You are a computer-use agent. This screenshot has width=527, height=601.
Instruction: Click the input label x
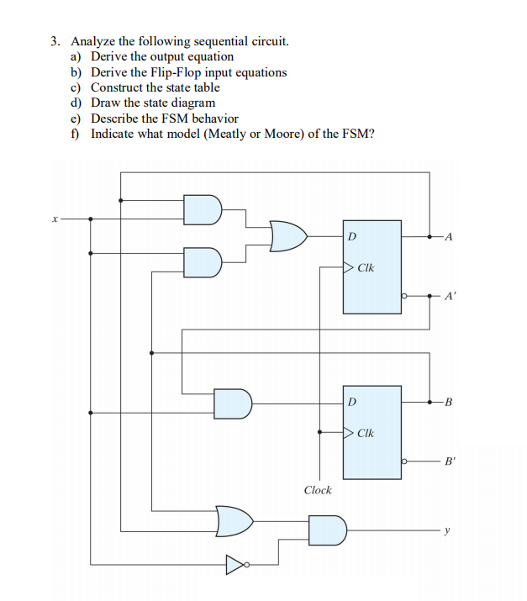pos(53,218)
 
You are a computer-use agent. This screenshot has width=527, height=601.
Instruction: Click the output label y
pos(448,530)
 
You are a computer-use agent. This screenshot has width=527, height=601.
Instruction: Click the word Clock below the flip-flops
pos(317,490)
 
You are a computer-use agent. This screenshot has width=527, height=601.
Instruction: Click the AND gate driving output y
pos(326,530)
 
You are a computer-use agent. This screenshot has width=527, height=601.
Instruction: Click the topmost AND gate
pos(203,209)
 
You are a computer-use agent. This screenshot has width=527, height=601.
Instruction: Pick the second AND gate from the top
pos(203,261)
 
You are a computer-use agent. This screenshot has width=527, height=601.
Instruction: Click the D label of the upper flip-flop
pos(351,236)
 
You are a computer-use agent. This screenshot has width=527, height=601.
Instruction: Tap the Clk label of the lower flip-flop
pos(366,434)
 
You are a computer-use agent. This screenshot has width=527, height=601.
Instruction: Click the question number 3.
pos(55,40)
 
